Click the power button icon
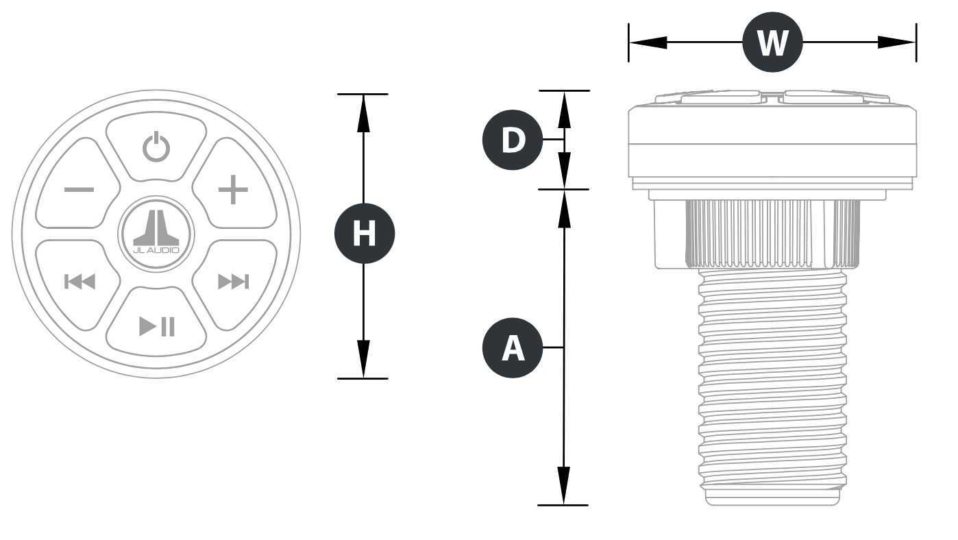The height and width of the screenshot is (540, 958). [156, 147]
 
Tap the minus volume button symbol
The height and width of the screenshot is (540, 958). [79, 189]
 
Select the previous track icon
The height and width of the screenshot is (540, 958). [79, 282]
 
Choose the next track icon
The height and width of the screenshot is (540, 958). [233, 282]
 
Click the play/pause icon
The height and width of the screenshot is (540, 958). [157, 327]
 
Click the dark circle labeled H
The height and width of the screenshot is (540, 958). [365, 234]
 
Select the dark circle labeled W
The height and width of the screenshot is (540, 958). [772, 42]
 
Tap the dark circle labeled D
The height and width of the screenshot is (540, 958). [513, 140]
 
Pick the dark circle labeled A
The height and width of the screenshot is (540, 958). [513, 347]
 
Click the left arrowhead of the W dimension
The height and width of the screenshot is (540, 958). [648, 42]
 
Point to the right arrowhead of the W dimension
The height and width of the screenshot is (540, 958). [896, 42]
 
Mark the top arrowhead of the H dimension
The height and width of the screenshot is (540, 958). [363, 113]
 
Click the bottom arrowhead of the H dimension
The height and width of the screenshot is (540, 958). [363, 359]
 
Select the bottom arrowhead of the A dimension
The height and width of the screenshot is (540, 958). [564, 486]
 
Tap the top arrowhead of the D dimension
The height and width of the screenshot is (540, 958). [565, 110]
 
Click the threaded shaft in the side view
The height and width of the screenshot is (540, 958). [772, 380]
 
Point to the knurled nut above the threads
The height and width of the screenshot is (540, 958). [772, 234]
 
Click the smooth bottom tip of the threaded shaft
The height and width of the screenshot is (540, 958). [772, 498]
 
